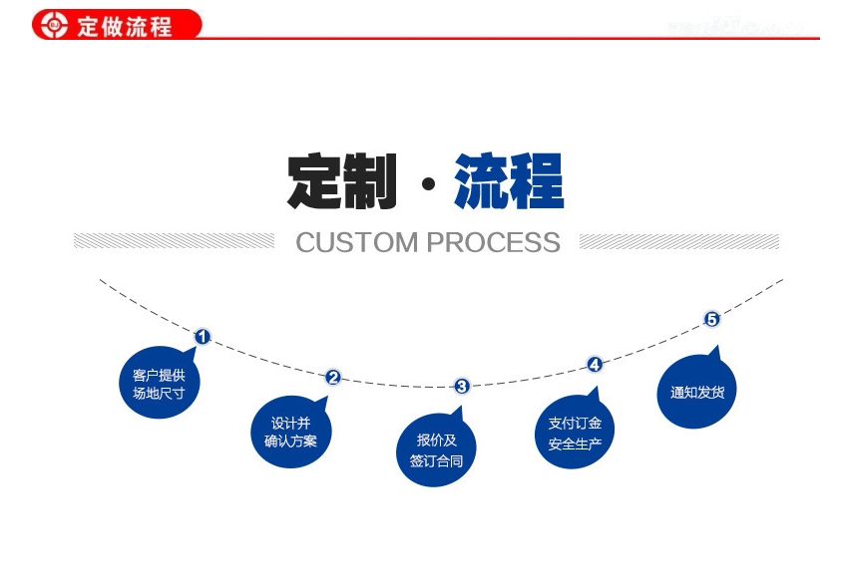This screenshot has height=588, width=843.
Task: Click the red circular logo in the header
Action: click(x=52, y=24)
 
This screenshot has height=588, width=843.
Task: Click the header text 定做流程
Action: click(x=125, y=25)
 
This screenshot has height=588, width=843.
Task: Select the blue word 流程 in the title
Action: click(x=509, y=181)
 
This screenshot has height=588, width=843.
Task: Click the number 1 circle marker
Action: click(x=202, y=337)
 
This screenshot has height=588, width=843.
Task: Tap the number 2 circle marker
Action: click(x=333, y=377)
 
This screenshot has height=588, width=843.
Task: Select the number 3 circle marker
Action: click(x=462, y=386)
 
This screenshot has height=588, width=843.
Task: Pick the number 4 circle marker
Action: click(x=595, y=365)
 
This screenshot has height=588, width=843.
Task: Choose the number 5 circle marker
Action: click(x=711, y=319)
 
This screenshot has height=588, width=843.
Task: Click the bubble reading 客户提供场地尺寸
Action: click(x=159, y=385)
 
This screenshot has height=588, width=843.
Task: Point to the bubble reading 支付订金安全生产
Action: click(x=575, y=434)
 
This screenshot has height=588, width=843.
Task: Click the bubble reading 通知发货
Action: click(x=696, y=392)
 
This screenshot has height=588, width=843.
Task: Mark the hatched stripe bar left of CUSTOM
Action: click(x=174, y=241)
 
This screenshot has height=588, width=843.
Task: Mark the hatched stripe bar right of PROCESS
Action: click(x=678, y=241)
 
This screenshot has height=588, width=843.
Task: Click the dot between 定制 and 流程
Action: click(x=428, y=185)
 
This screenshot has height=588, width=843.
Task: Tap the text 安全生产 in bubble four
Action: click(x=575, y=444)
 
